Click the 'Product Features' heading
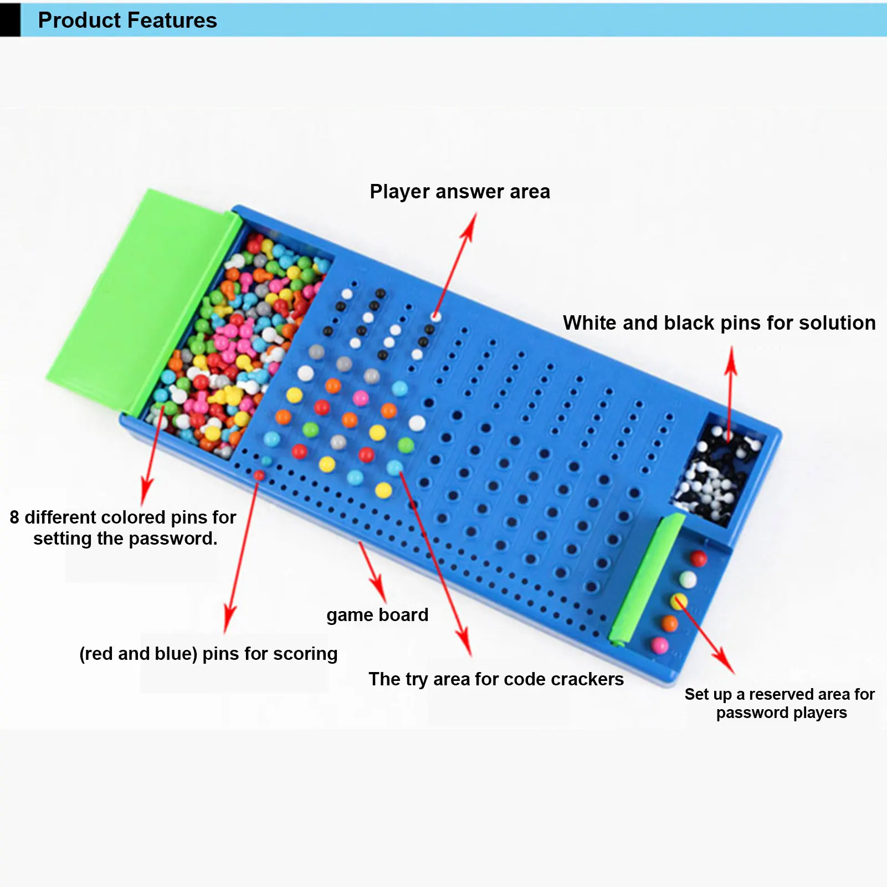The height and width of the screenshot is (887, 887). (127, 20)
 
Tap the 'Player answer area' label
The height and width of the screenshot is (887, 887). (460, 192)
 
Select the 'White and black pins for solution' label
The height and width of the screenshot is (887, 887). (719, 323)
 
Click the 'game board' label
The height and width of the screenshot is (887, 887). (377, 615)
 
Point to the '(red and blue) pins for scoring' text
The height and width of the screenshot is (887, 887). (208, 654)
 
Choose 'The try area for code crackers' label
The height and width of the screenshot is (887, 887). (496, 679)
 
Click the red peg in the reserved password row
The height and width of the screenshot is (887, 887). (698, 558)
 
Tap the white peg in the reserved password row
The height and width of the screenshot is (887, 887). (688, 580)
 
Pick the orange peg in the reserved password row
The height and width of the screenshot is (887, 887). (669, 623)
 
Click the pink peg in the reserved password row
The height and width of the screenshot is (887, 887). (659, 645)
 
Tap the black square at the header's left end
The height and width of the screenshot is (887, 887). (10, 20)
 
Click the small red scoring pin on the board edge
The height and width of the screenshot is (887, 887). (259, 475)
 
